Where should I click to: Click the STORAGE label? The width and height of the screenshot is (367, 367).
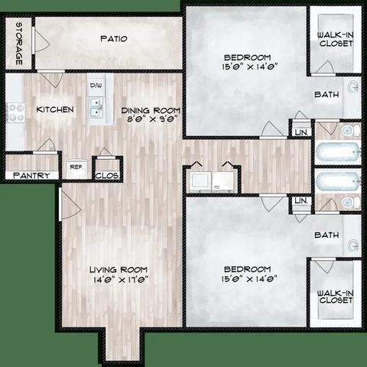(x=18, y=45)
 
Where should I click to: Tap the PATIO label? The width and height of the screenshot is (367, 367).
(x=112, y=38)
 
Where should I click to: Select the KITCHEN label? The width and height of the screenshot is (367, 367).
(x=55, y=109)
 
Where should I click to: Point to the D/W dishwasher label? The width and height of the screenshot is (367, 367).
(x=96, y=85)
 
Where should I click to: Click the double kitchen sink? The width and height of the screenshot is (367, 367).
(x=96, y=112)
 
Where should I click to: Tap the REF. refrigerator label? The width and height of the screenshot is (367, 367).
(x=76, y=166)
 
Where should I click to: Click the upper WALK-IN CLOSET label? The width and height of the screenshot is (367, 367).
(x=336, y=37)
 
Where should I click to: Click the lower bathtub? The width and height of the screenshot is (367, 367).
(x=336, y=181)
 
